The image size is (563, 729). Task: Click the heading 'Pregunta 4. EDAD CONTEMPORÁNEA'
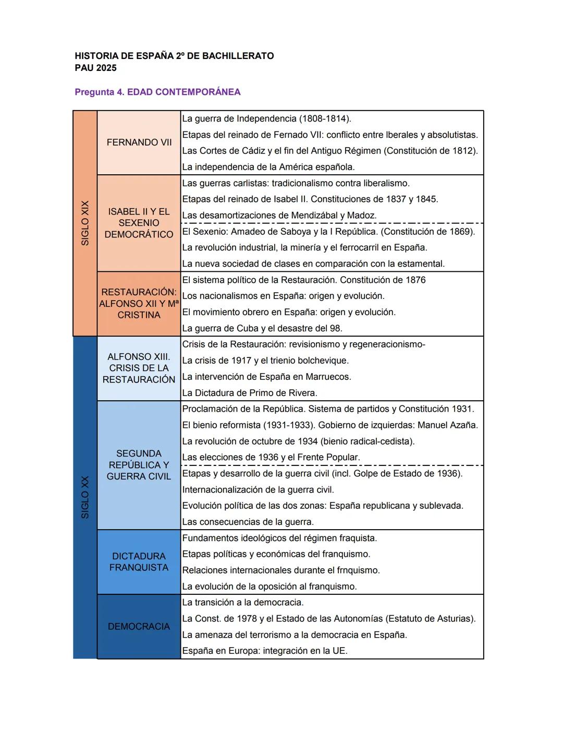(x=157, y=92)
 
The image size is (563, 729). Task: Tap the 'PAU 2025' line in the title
(x=95, y=68)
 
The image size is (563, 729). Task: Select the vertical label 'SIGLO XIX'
(x=85, y=223)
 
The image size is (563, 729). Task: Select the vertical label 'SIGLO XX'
(x=85, y=497)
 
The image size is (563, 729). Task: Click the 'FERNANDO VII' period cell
(x=139, y=142)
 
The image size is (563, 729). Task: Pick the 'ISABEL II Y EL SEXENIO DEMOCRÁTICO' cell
(x=139, y=223)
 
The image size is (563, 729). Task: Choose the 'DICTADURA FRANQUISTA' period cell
(x=139, y=562)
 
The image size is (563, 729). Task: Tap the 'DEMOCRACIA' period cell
(x=139, y=626)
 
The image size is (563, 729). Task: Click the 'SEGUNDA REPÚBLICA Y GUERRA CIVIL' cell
(x=139, y=465)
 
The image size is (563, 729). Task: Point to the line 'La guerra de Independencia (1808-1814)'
(x=266, y=118)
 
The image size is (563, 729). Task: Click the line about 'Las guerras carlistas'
(x=296, y=183)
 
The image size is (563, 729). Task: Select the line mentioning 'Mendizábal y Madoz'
(x=279, y=216)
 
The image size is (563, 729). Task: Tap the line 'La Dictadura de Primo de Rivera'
(x=249, y=393)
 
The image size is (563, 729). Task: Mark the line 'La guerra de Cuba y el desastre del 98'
(x=262, y=329)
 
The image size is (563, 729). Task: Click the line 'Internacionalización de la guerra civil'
(x=258, y=490)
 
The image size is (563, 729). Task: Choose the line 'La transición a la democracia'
(x=242, y=603)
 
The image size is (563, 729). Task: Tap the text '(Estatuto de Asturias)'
(x=431, y=619)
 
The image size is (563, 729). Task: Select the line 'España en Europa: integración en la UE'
(x=264, y=651)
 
